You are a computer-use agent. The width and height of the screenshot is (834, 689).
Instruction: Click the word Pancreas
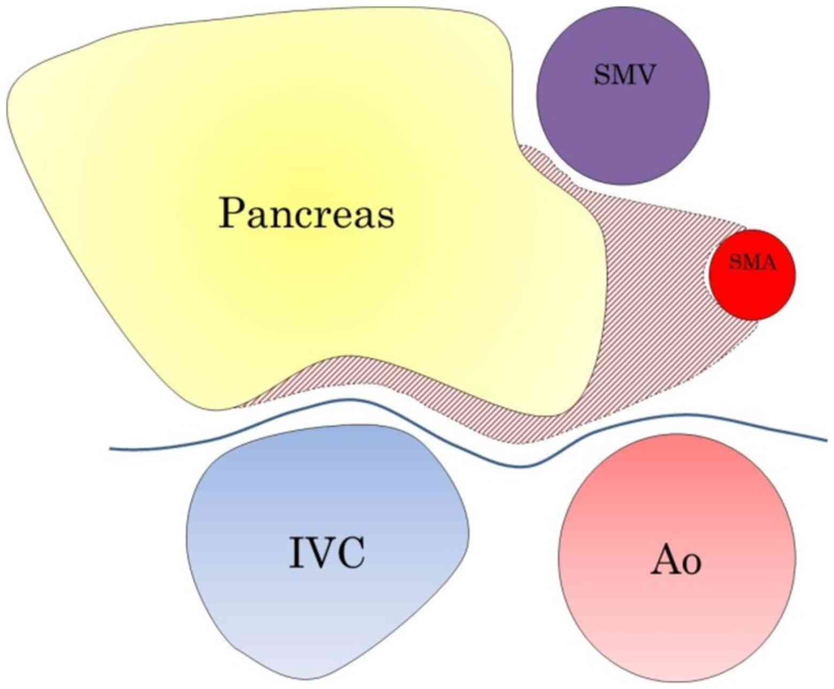tap(306, 213)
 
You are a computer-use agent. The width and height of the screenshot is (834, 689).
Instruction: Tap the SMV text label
tap(624, 75)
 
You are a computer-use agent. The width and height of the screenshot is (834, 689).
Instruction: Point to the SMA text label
tap(752, 262)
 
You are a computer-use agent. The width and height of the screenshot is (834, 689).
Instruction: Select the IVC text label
tap(327, 553)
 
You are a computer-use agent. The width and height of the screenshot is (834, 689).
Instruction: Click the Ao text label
tap(676, 562)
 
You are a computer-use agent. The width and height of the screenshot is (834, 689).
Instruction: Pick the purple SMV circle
tap(623, 123)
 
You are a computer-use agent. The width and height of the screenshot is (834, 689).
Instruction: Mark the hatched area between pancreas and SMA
tap(658, 299)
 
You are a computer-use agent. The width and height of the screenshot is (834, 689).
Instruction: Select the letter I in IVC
tap(294, 553)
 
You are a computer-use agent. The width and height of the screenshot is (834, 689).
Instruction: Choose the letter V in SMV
tap(644, 75)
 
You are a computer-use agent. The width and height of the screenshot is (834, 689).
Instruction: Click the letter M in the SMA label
tap(751, 262)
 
